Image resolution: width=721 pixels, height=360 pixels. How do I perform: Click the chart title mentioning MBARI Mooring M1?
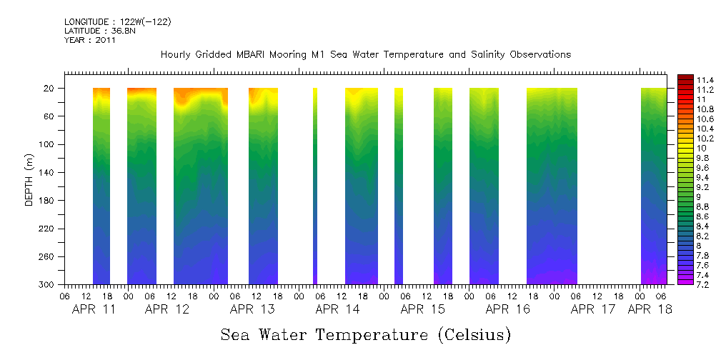(365, 55)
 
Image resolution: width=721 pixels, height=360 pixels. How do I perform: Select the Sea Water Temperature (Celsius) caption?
(365, 334)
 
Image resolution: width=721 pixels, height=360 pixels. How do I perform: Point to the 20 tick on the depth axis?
(50, 89)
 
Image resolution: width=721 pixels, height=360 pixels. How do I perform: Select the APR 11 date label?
(94, 310)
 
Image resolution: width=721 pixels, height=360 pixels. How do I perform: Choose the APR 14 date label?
(337, 310)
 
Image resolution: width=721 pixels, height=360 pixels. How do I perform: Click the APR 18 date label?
(650, 310)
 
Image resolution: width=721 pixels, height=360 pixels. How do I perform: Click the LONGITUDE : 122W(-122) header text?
(118, 22)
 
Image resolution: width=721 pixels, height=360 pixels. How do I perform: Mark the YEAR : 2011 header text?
(90, 41)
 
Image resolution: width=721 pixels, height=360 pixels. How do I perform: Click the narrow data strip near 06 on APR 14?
(315, 186)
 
